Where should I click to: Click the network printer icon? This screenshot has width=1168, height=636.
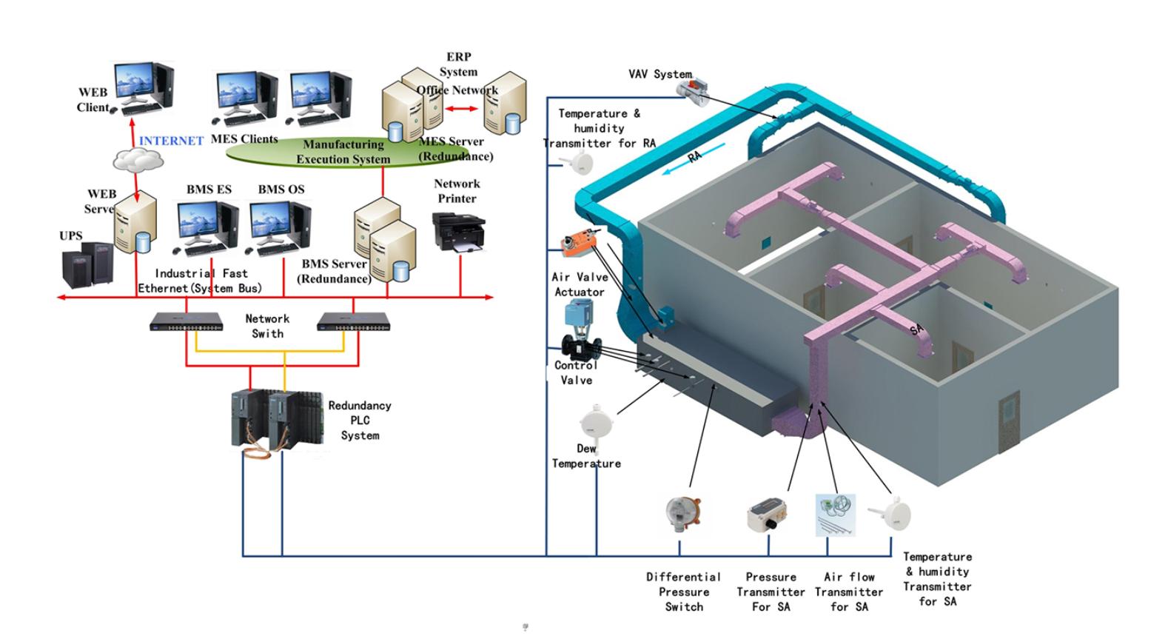click(458, 231)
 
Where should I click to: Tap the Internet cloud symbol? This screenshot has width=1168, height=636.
click(138, 158)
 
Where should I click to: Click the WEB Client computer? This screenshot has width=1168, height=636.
click(144, 87)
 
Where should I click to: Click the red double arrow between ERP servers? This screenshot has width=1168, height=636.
click(462, 110)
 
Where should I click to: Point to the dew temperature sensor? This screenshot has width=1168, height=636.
click(594, 423)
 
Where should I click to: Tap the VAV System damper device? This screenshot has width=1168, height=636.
click(693, 88)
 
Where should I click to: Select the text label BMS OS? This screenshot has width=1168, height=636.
click(281, 190)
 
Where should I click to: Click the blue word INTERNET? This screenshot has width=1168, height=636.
click(171, 141)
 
